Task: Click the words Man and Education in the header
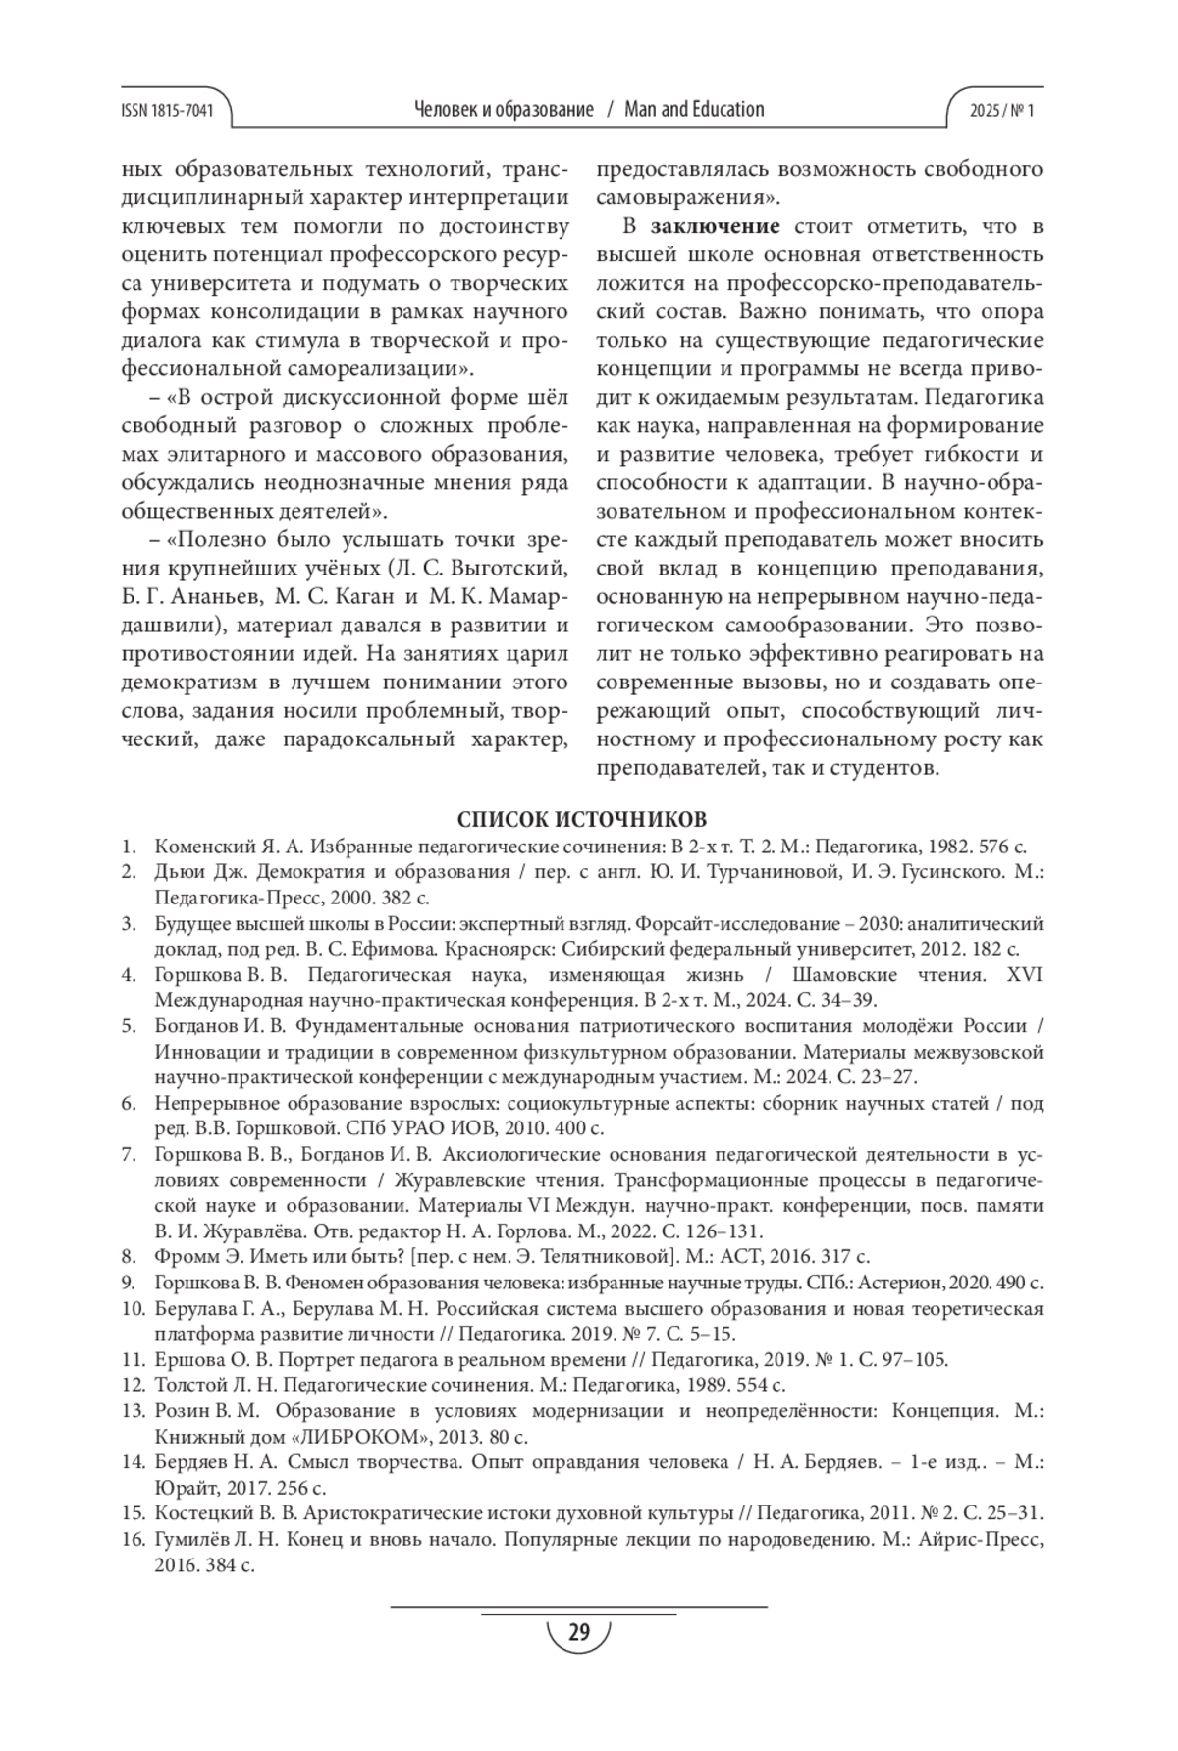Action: [x=694, y=109]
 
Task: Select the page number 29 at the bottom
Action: [x=578, y=1632]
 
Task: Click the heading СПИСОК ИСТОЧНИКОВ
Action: [x=581, y=819]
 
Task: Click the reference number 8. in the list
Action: [x=129, y=1256]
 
